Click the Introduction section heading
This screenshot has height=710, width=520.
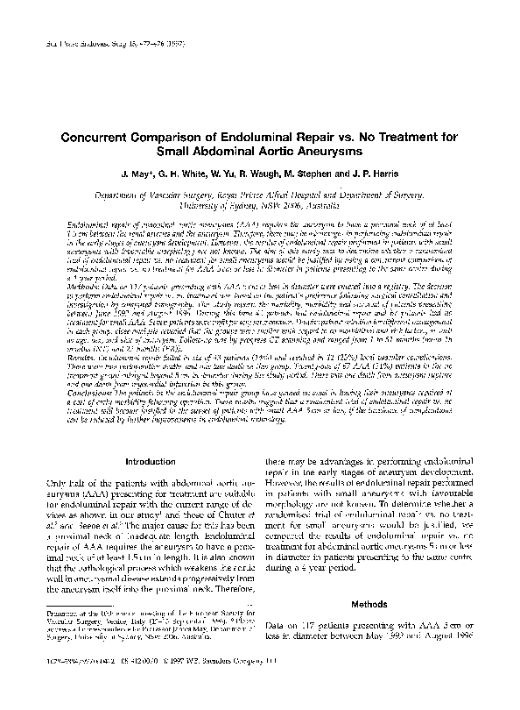coord(151,461)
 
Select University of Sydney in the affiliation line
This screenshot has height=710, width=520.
coord(221,210)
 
